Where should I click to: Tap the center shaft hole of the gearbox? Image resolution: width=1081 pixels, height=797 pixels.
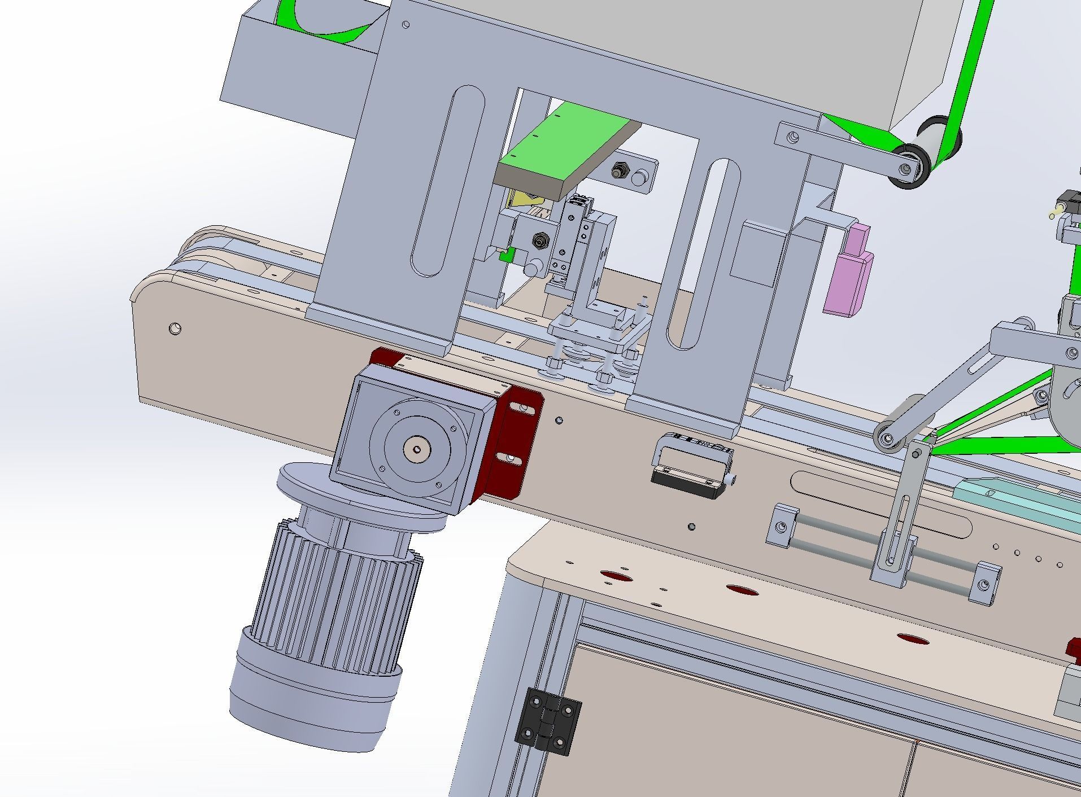[x=417, y=449]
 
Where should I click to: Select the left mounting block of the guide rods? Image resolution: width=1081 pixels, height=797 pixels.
[x=782, y=526]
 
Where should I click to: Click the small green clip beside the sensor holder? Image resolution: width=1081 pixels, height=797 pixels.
[x=506, y=256]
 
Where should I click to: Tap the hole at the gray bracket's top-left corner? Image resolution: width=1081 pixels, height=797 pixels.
[x=406, y=25]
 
